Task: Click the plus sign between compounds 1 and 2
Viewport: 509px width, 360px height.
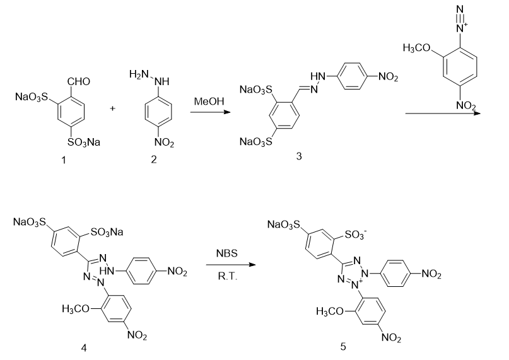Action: [113, 108]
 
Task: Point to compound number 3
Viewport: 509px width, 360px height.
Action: [299, 156]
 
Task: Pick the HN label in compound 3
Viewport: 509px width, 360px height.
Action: [317, 76]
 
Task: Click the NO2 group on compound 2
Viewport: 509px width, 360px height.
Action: [163, 142]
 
